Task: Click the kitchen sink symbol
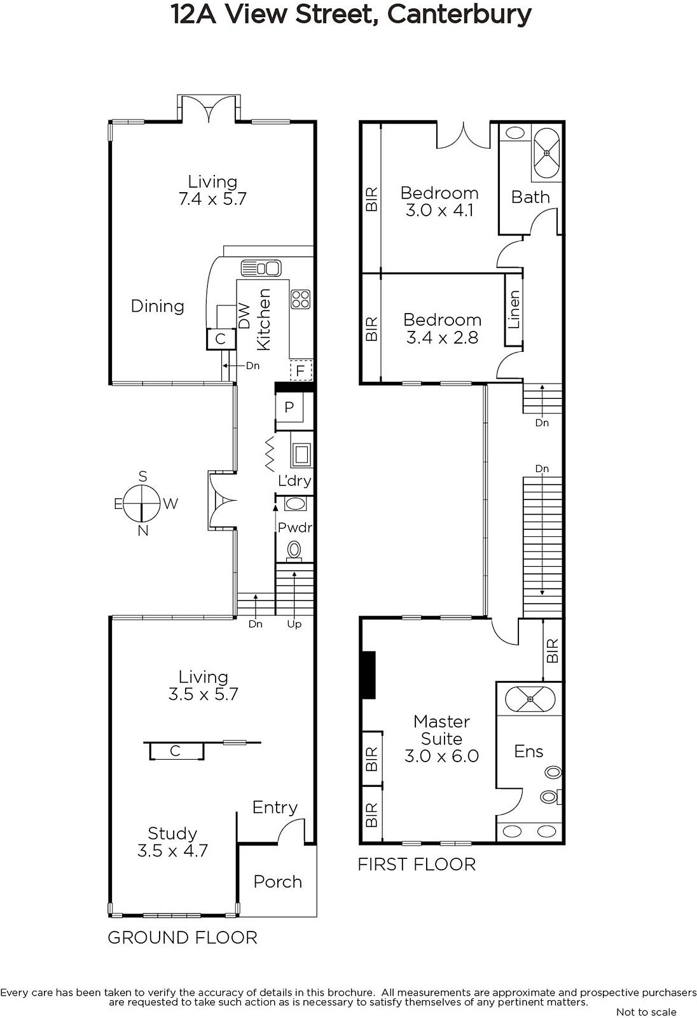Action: (x=260, y=268)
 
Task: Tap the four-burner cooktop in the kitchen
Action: (x=300, y=300)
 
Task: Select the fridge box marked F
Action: (x=301, y=370)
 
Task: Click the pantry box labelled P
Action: (x=289, y=407)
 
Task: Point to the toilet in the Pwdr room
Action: (x=294, y=551)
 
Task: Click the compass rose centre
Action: (x=142, y=503)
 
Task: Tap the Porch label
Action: (x=278, y=882)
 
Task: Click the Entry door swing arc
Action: (x=287, y=827)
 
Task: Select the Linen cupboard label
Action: (x=513, y=309)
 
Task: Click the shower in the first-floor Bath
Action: (x=546, y=153)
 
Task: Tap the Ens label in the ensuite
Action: (x=528, y=751)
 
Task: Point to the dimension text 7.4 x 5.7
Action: (x=212, y=199)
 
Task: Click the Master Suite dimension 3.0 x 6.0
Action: (x=441, y=756)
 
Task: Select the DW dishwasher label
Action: (x=244, y=316)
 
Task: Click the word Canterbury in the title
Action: (x=459, y=15)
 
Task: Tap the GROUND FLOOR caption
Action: (x=183, y=938)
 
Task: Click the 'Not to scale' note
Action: (x=646, y=1012)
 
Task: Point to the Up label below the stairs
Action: (x=294, y=624)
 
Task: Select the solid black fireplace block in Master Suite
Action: (x=368, y=675)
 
